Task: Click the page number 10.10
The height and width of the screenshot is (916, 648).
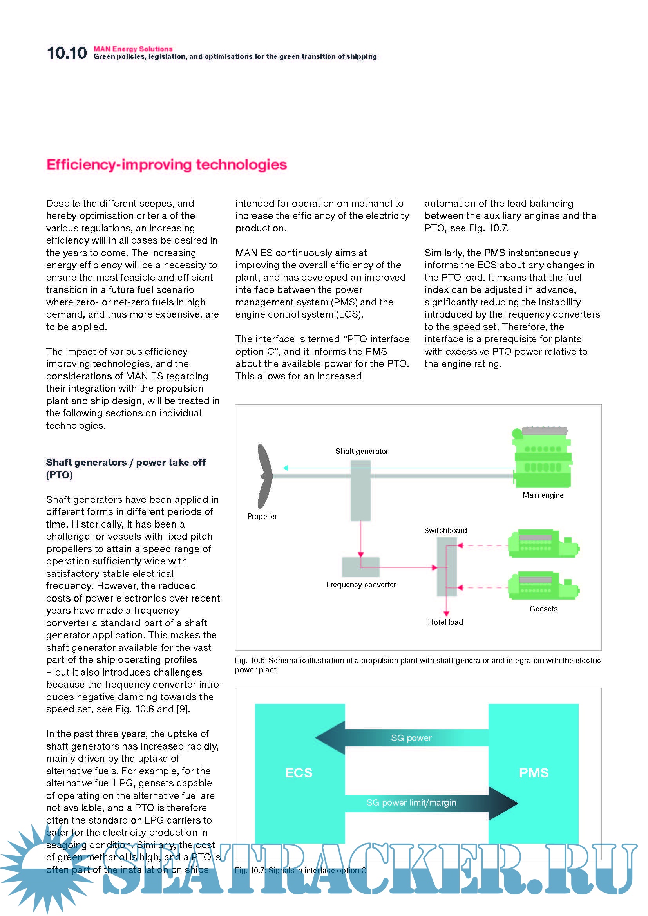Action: pyautogui.click(x=67, y=53)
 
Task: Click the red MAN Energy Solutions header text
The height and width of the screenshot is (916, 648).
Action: pyautogui.click(x=133, y=49)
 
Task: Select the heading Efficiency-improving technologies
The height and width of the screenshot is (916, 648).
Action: pyautogui.click(x=167, y=164)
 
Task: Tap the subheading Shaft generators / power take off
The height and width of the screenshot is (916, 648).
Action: pyautogui.click(x=126, y=463)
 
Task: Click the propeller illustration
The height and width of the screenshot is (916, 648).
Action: pyautogui.click(x=264, y=476)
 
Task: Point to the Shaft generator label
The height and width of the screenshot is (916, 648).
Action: pyautogui.click(x=362, y=451)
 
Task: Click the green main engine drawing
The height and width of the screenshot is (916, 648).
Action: pyautogui.click(x=543, y=459)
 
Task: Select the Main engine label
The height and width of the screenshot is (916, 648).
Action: pyautogui.click(x=543, y=495)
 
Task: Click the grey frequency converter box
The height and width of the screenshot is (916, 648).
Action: pyautogui.click(x=360, y=567)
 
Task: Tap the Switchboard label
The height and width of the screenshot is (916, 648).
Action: pyautogui.click(x=445, y=530)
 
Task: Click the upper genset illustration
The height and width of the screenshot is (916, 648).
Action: pyautogui.click(x=543, y=544)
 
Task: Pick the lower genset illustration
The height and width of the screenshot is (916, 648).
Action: pyautogui.click(x=543, y=585)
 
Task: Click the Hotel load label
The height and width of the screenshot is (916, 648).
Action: pyautogui.click(x=445, y=622)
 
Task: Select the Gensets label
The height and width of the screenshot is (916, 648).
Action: pyautogui.click(x=543, y=609)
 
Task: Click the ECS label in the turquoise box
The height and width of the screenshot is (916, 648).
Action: pyautogui.click(x=299, y=773)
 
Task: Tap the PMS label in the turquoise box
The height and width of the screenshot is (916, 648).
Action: pyautogui.click(x=534, y=773)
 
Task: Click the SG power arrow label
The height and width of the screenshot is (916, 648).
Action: pyautogui.click(x=411, y=738)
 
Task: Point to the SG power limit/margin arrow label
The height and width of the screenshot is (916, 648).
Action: pyautogui.click(x=411, y=803)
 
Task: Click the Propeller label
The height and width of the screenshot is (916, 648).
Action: pyautogui.click(x=262, y=516)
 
